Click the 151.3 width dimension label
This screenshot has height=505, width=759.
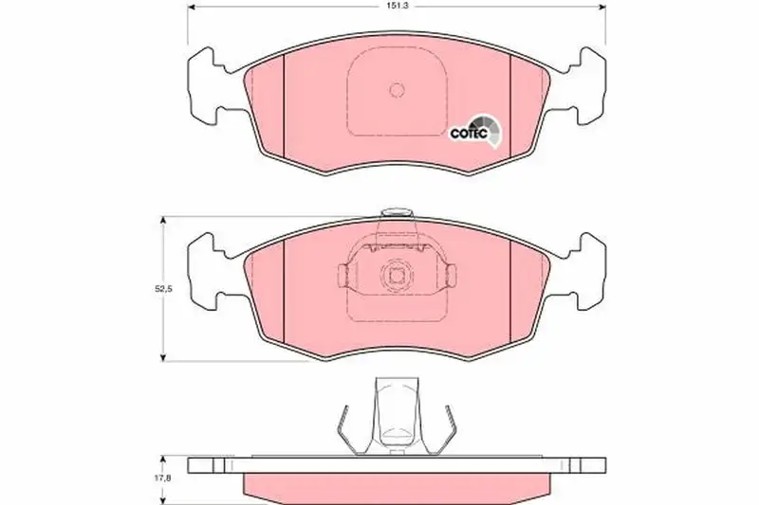click(x=397, y=7)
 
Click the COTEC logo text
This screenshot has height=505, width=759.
click(x=469, y=134)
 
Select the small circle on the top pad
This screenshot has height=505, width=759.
click(x=397, y=89)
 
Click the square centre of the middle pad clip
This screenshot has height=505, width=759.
click(x=397, y=276)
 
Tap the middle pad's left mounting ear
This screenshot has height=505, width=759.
click(x=209, y=271)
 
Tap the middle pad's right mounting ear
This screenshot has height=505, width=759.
click(x=584, y=271)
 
